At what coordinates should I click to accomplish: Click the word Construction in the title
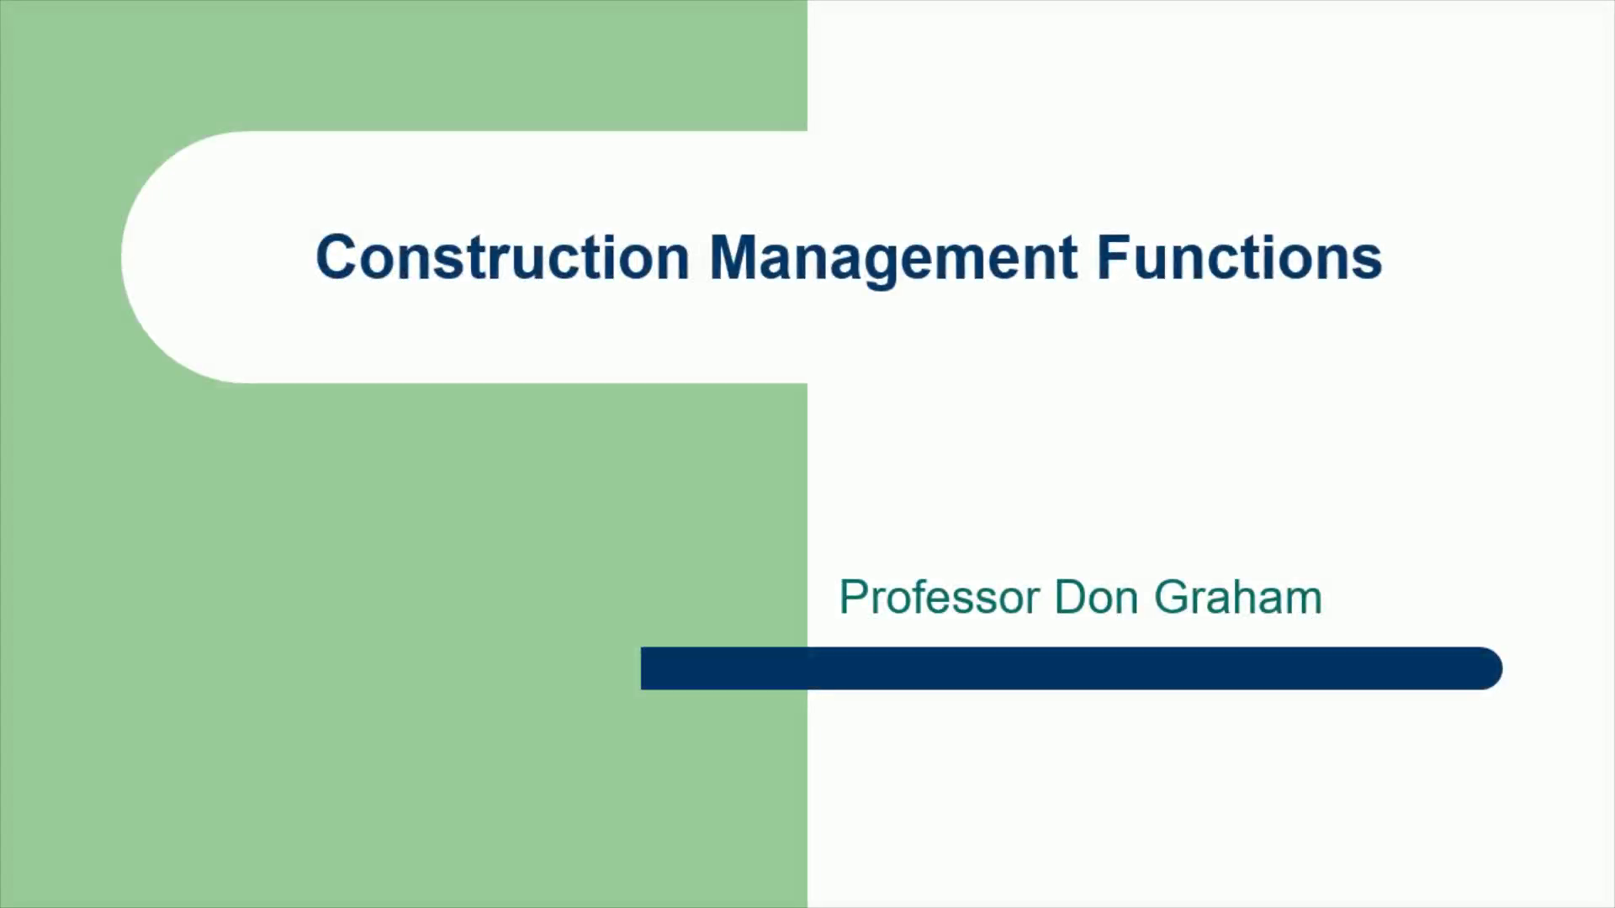click(x=502, y=256)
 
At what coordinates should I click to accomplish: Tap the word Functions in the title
click(x=1240, y=256)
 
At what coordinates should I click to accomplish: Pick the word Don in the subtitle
click(x=1097, y=598)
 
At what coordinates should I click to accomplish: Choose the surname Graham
click(x=1238, y=598)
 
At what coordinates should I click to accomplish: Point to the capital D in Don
click(x=1072, y=598)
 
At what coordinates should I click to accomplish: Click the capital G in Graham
click(x=1172, y=598)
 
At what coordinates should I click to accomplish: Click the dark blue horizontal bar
click(x=1072, y=668)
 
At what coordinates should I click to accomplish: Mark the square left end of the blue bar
click(x=643, y=668)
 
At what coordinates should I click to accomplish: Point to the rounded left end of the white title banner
click(x=123, y=257)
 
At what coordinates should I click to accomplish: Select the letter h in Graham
click(x=1247, y=598)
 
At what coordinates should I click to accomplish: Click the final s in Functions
click(x=1368, y=263)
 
